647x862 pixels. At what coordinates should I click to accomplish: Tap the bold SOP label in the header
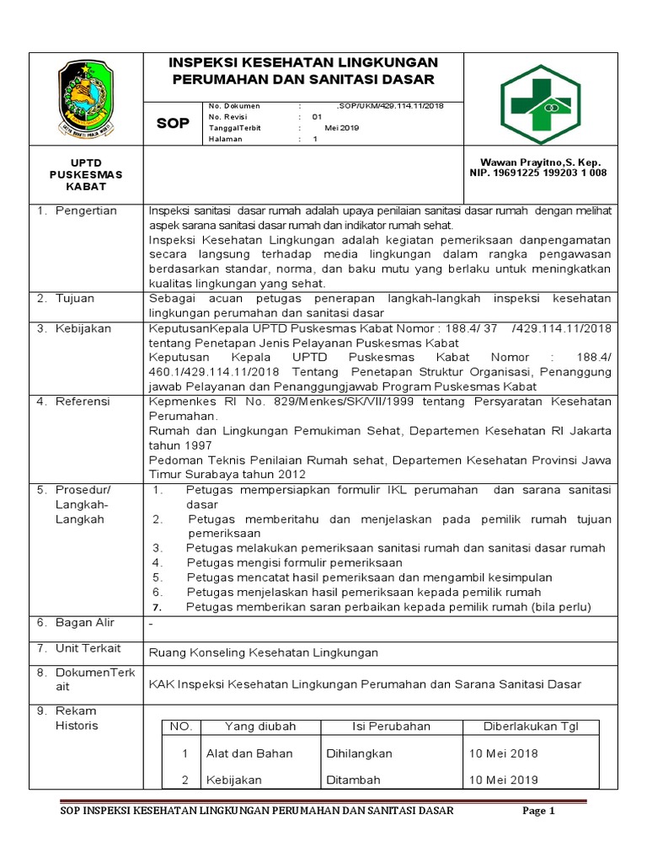pyautogui.click(x=174, y=124)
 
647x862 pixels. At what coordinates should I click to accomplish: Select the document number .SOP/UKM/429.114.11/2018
pyautogui.click(x=388, y=106)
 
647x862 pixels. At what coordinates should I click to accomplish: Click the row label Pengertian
pyautogui.click(x=86, y=210)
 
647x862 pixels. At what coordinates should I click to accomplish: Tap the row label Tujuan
pyautogui.click(x=75, y=299)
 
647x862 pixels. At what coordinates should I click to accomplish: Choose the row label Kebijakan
pyautogui.click(x=83, y=328)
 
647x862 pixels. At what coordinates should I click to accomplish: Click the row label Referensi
pyautogui.click(x=83, y=402)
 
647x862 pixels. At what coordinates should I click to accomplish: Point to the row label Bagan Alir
pyautogui.click(x=85, y=623)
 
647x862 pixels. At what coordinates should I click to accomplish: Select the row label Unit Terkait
pyautogui.click(x=88, y=648)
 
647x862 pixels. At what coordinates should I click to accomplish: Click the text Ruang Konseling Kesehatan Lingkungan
pyautogui.click(x=263, y=652)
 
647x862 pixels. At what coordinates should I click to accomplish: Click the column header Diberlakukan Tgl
pyautogui.click(x=529, y=726)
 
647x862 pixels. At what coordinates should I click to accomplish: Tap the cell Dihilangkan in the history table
pyautogui.click(x=359, y=753)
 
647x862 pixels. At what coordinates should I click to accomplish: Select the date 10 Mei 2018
pyautogui.click(x=504, y=753)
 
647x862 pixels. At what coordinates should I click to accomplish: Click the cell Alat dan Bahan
pyautogui.click(x=249, y=753)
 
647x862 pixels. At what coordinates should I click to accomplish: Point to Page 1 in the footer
pyautogui.click(x=539, y=811)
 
